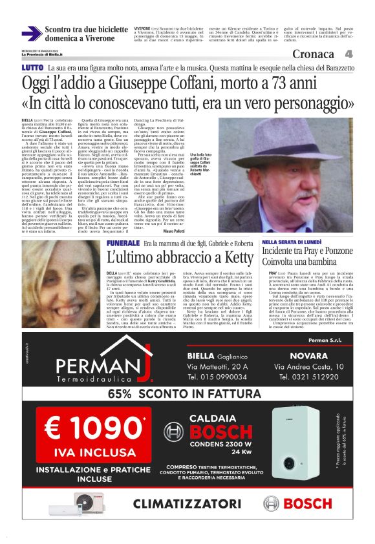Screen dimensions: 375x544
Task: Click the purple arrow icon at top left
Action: coord(31,33)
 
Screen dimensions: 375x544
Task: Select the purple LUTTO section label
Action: coord(33,68)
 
